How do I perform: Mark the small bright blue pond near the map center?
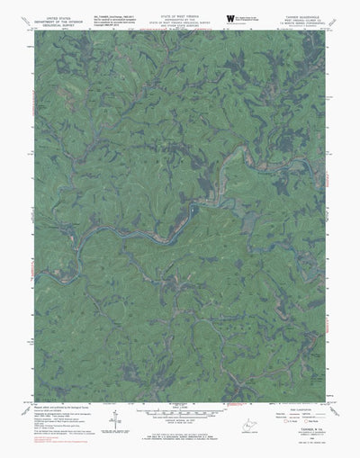pos(192,211)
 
